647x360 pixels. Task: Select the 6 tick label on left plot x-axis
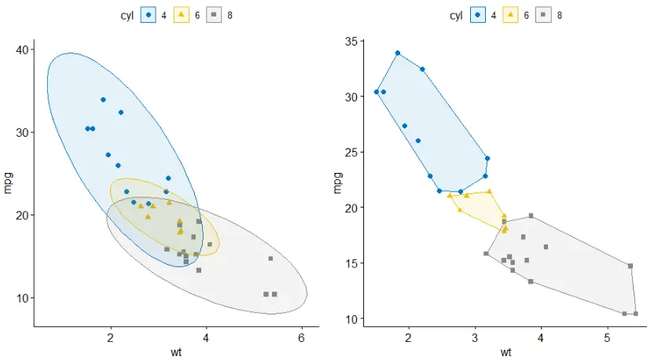pos(301,339)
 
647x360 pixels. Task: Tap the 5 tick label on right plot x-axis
pos(607,338)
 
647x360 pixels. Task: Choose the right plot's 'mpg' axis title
pos(338,182)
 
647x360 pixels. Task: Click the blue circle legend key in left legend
pos(149,15)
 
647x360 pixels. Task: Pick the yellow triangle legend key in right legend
pos(509,15)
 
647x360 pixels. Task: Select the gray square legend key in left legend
pos(212,15)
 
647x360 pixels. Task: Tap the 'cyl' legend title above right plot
pos(456,15)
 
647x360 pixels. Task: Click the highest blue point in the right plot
pos(398,53)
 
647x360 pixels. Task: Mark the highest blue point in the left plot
pos(103,100)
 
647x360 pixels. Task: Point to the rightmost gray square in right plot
pos(635,314)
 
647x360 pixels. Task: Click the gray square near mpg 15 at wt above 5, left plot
pos(270,259)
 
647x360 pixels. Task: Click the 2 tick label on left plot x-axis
pos(111,339)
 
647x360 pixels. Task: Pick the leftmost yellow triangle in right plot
pos(450,196)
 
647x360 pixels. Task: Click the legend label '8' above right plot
pos(559,15)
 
